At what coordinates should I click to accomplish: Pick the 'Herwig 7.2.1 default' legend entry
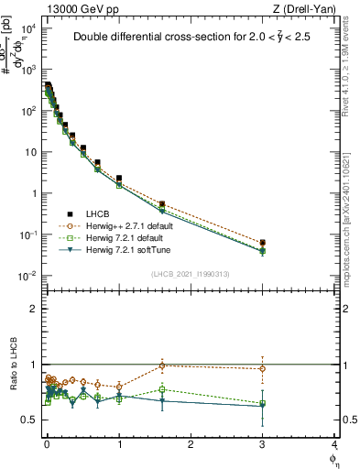coord(126,237)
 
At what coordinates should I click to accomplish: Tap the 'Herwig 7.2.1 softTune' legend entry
coord(128,249)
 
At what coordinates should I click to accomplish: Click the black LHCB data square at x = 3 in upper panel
coord(263,244)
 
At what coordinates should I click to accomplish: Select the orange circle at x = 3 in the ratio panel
coord(263,369)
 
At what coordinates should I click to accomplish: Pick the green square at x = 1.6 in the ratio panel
coord(162,389)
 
